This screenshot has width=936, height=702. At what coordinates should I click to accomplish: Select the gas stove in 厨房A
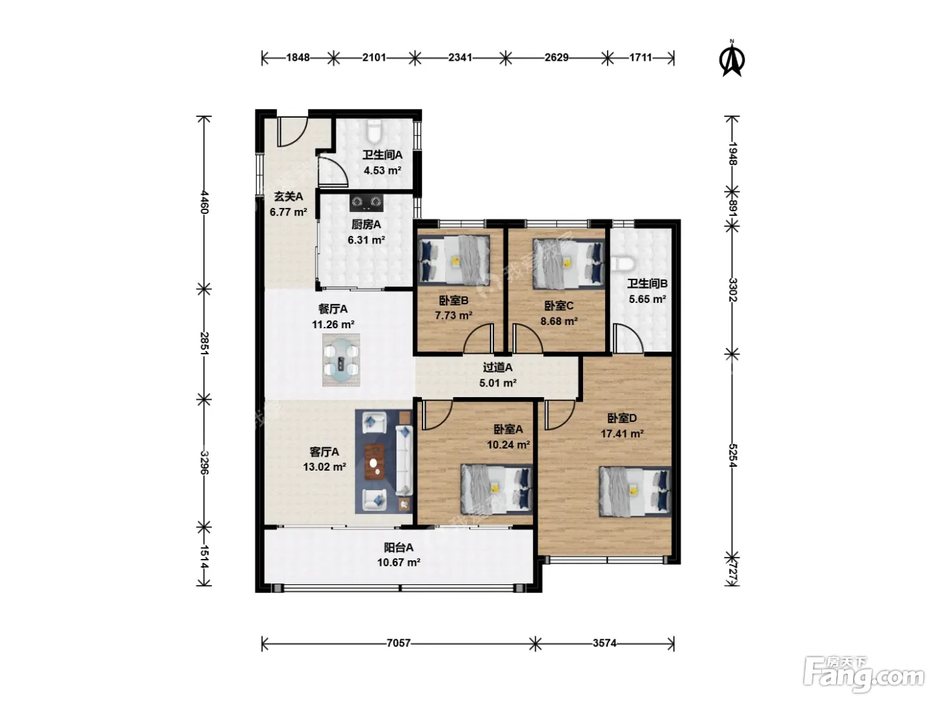point(366,203)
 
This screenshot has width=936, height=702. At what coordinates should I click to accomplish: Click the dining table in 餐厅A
point(341,360)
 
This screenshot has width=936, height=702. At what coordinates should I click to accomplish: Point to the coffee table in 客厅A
point(374,462)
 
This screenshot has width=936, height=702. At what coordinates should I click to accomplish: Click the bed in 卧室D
point(634,491)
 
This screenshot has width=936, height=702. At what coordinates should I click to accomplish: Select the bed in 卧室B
point(453,261)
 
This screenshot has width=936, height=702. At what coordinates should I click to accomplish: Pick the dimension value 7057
point(398,642)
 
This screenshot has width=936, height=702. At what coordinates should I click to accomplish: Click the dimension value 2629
point(556,57)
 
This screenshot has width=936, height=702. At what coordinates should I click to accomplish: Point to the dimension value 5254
point(732,455)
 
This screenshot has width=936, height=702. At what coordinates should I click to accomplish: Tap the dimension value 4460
point(204,202)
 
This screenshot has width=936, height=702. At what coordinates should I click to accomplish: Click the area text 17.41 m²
point(622,434)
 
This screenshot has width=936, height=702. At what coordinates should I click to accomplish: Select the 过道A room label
point(497,367)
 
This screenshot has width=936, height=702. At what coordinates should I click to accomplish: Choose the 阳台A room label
point(398,547)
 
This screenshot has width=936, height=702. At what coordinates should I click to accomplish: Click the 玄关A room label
point(288,197)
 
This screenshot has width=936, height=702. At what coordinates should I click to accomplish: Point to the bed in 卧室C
point(569,264)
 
